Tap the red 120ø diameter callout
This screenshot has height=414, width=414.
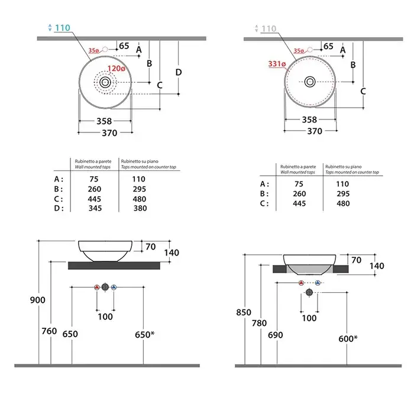pyautogui.click(x=117, y=69)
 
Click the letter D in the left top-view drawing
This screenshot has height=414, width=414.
pyautogui.click(x=179, y=72)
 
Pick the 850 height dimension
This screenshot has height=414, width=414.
pyautogui.click(x=244, y=312)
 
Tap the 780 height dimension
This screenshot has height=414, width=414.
pyautogui.click(x=259, y=324)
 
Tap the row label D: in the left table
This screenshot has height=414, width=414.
pyautogui.click(x=59, y=208)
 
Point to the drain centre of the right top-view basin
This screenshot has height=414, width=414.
pyautogui.click(x=310, y=81)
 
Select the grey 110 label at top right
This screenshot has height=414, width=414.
pyautogui.click(x=268, y=28)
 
